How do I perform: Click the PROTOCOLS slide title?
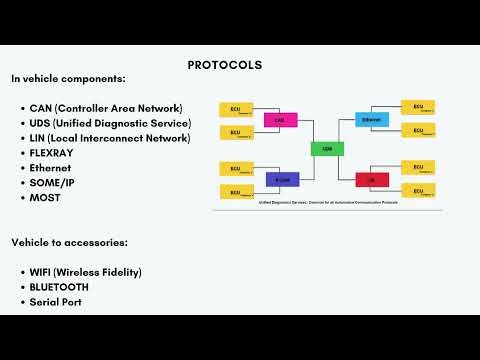point(225,65)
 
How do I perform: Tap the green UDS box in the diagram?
point(326,149)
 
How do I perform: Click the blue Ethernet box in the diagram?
point(371,120)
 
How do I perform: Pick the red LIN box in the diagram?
point(371,180)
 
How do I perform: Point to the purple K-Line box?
point(281,180)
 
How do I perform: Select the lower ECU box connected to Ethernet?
point(417,131)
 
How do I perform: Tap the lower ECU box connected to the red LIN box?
point(417,191)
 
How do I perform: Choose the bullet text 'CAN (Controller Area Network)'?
point(106,108)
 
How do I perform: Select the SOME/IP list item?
point(59,183)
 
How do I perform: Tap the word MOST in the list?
point(45,198)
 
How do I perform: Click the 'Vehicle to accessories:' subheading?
point(70,242)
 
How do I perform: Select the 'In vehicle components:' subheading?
point(69,78)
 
